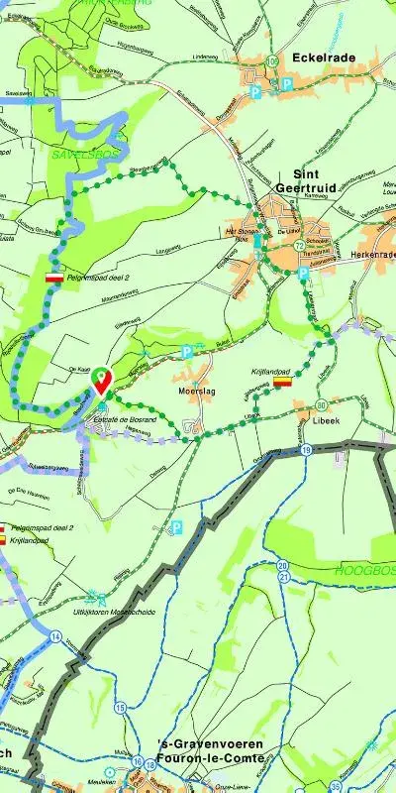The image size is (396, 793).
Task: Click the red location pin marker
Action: tap(101, 378)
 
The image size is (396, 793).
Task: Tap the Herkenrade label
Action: tap(372, 254)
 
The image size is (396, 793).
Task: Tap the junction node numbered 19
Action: tap(307, 450)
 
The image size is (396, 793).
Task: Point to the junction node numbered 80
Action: tap(321, 405)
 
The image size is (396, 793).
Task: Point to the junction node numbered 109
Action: tap(272, 62)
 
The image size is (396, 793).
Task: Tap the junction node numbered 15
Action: tap(121, 707)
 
